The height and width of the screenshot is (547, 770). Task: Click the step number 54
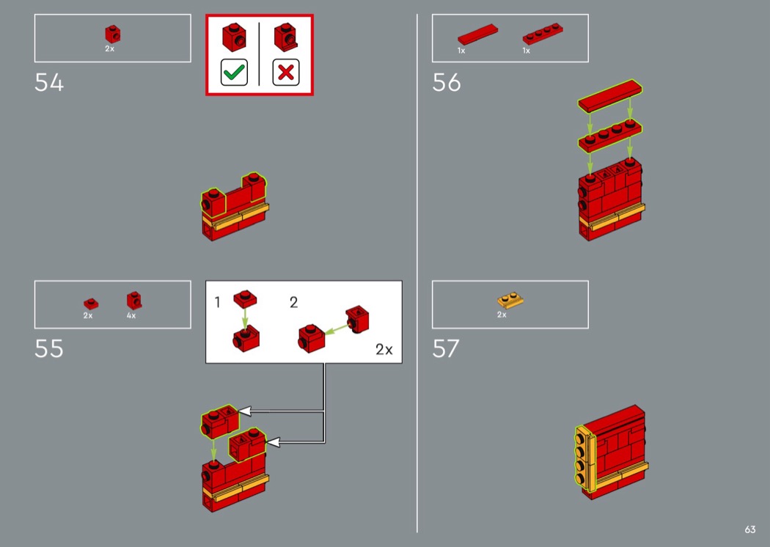tap(49, 83)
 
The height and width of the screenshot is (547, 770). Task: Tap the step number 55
tap(49, 348)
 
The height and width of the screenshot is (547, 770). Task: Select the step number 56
tap(447, 83)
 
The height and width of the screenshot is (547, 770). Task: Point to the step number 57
tap(446, 348)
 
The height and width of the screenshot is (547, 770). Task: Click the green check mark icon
tap(234, 73)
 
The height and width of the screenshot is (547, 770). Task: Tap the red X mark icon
tap(286, 73)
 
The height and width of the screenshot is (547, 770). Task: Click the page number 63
tap(750, 529)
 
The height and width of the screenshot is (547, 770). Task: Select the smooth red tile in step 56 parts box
tap(477, 34)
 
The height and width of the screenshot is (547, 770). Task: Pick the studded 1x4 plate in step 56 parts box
tap(543, 34)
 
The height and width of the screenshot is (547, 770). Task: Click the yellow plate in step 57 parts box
tap(510, 300)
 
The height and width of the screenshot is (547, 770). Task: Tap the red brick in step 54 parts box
tap(112, 34)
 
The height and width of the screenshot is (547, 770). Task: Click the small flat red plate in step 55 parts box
tap(91, 304)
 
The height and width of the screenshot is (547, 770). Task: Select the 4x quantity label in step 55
tap(131, 315)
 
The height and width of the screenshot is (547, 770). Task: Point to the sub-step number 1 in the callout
tap(218, 302)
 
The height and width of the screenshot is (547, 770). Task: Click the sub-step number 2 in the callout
tap(293, 302)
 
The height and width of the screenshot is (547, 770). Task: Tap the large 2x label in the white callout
tap(384, 349)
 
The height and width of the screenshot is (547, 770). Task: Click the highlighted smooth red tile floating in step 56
tap(610, 96)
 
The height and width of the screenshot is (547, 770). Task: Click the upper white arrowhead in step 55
tap(244, 411)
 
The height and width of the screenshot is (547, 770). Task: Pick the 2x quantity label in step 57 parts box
tap(502, 315)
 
